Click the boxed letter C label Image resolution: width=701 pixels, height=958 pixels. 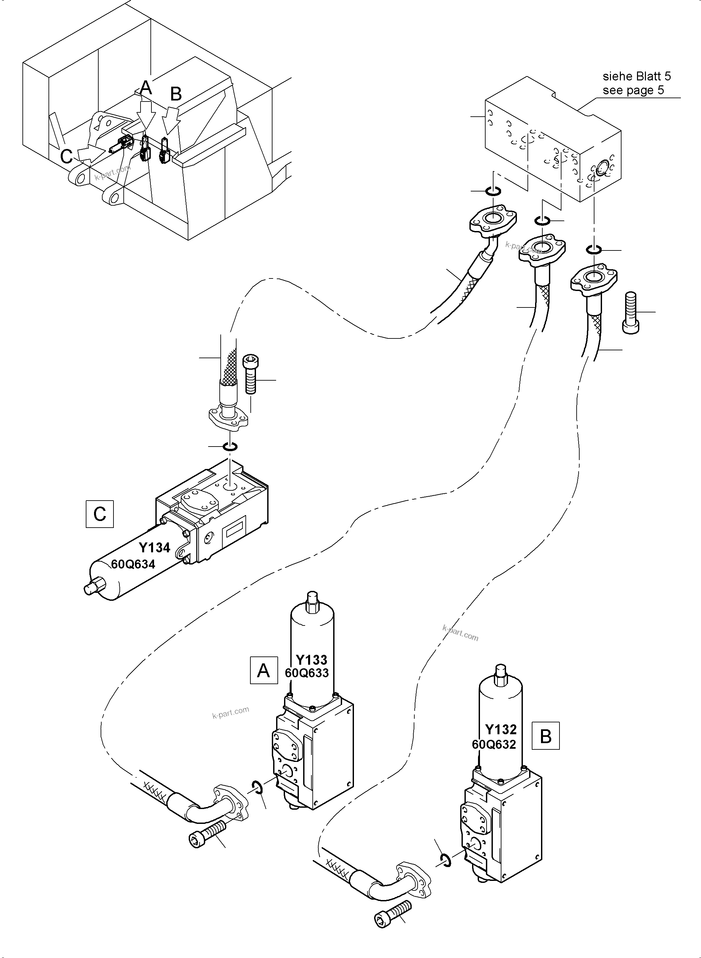pos(99,514)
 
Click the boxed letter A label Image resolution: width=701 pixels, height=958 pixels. pos(264,670)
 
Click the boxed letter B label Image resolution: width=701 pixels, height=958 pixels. pos(545,736)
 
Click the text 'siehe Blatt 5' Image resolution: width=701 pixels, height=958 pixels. pos(636,76)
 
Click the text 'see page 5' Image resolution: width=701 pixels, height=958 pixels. pos(633,90)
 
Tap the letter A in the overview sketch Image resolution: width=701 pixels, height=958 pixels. pos(145,88)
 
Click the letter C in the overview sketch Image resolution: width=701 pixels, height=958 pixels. pos(67,156)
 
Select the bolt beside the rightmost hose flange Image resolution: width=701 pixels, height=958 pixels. pos(631,312)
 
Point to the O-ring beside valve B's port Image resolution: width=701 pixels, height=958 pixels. pos(445,861)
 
